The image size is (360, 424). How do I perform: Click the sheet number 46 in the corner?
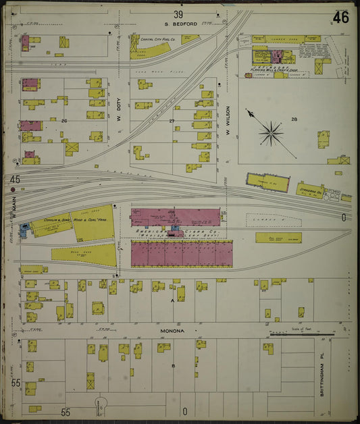[x=340, y=18]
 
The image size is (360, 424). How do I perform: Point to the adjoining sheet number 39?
[x=178, y=14]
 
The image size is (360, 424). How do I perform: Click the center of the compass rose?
[x=270, y=132]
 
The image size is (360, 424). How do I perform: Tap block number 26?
[x=65, y=121]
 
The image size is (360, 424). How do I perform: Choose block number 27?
[x=172, y=121]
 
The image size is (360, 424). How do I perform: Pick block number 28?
[x=294, y=119]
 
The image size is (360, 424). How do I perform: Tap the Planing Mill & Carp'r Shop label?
[x=278, y=68]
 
